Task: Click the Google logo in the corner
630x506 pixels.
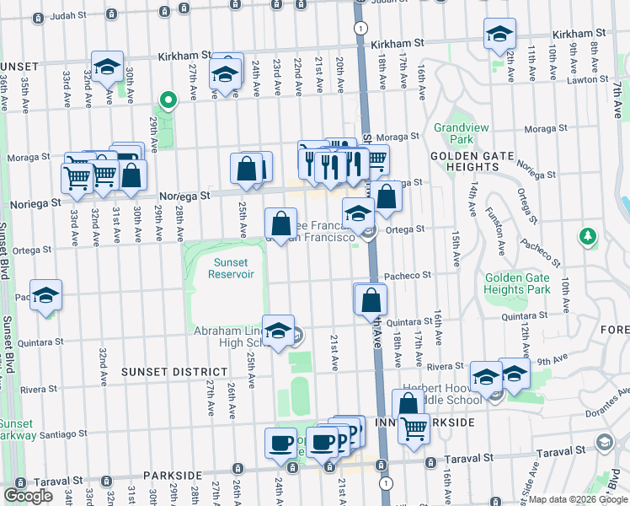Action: (x=28, y=496)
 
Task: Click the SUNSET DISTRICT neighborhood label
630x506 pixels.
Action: (x=174, y=371)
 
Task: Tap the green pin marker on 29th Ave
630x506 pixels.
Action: (x=168, y=102)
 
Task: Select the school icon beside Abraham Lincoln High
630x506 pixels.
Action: (x=278, y=331)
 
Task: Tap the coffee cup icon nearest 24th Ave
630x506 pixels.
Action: (x=280, y=442)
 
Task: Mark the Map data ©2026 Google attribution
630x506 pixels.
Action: (x=578, y=499)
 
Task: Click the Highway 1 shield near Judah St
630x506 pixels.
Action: (x=360, y=29)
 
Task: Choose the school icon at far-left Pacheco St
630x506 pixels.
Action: (x=46, y=296)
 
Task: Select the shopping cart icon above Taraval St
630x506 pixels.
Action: (x=414, y=429)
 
